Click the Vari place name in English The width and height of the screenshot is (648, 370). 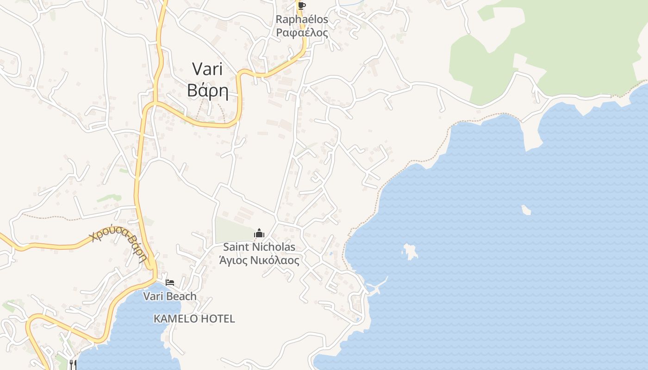pos(207,69)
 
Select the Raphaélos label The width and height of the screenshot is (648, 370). pos(302,19)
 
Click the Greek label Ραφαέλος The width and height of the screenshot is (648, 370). pos(302,33)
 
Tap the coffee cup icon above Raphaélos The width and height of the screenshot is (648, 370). pos(302,6)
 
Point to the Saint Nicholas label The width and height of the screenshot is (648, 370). pos(259,247)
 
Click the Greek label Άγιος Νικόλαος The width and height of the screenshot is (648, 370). pos(259,260)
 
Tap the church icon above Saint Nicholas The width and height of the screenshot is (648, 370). pos(259,234)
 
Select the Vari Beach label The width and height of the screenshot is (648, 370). pos(170,296)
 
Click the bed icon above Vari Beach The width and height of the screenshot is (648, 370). pos(170,283)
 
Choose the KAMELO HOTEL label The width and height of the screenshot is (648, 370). pos(194,319)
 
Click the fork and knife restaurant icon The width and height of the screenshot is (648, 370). pos(73,364)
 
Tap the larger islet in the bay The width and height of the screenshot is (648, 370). pos(410,252)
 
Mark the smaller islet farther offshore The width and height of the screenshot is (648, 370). pos(526,210)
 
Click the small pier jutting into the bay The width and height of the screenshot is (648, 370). pos(380,284)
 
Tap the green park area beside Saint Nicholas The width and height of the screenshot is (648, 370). pos(234,230)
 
